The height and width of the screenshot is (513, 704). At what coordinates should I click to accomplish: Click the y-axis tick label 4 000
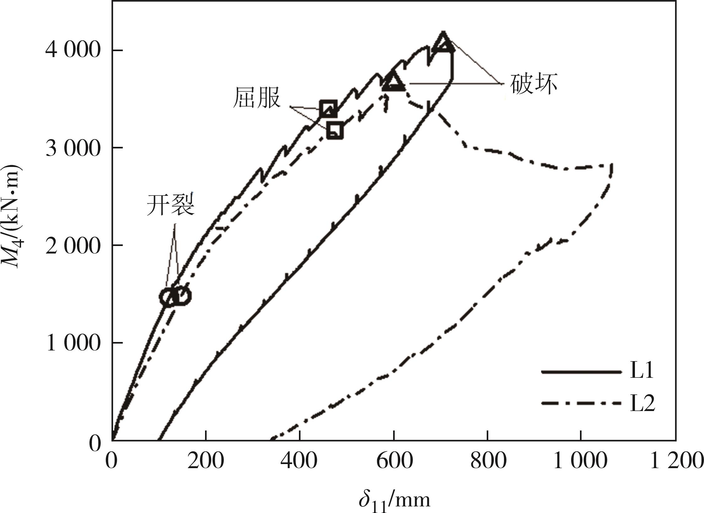click(72, 50)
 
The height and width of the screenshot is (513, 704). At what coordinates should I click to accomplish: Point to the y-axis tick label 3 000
click(72, 148)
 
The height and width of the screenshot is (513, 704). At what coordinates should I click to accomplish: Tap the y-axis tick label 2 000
click(72, 245)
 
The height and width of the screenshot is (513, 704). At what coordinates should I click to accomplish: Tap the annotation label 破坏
click(533, 84)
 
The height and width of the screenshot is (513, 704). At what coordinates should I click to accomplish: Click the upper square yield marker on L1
click(328, 109)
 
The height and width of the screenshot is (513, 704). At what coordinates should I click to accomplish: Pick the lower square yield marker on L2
click(335, 130)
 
